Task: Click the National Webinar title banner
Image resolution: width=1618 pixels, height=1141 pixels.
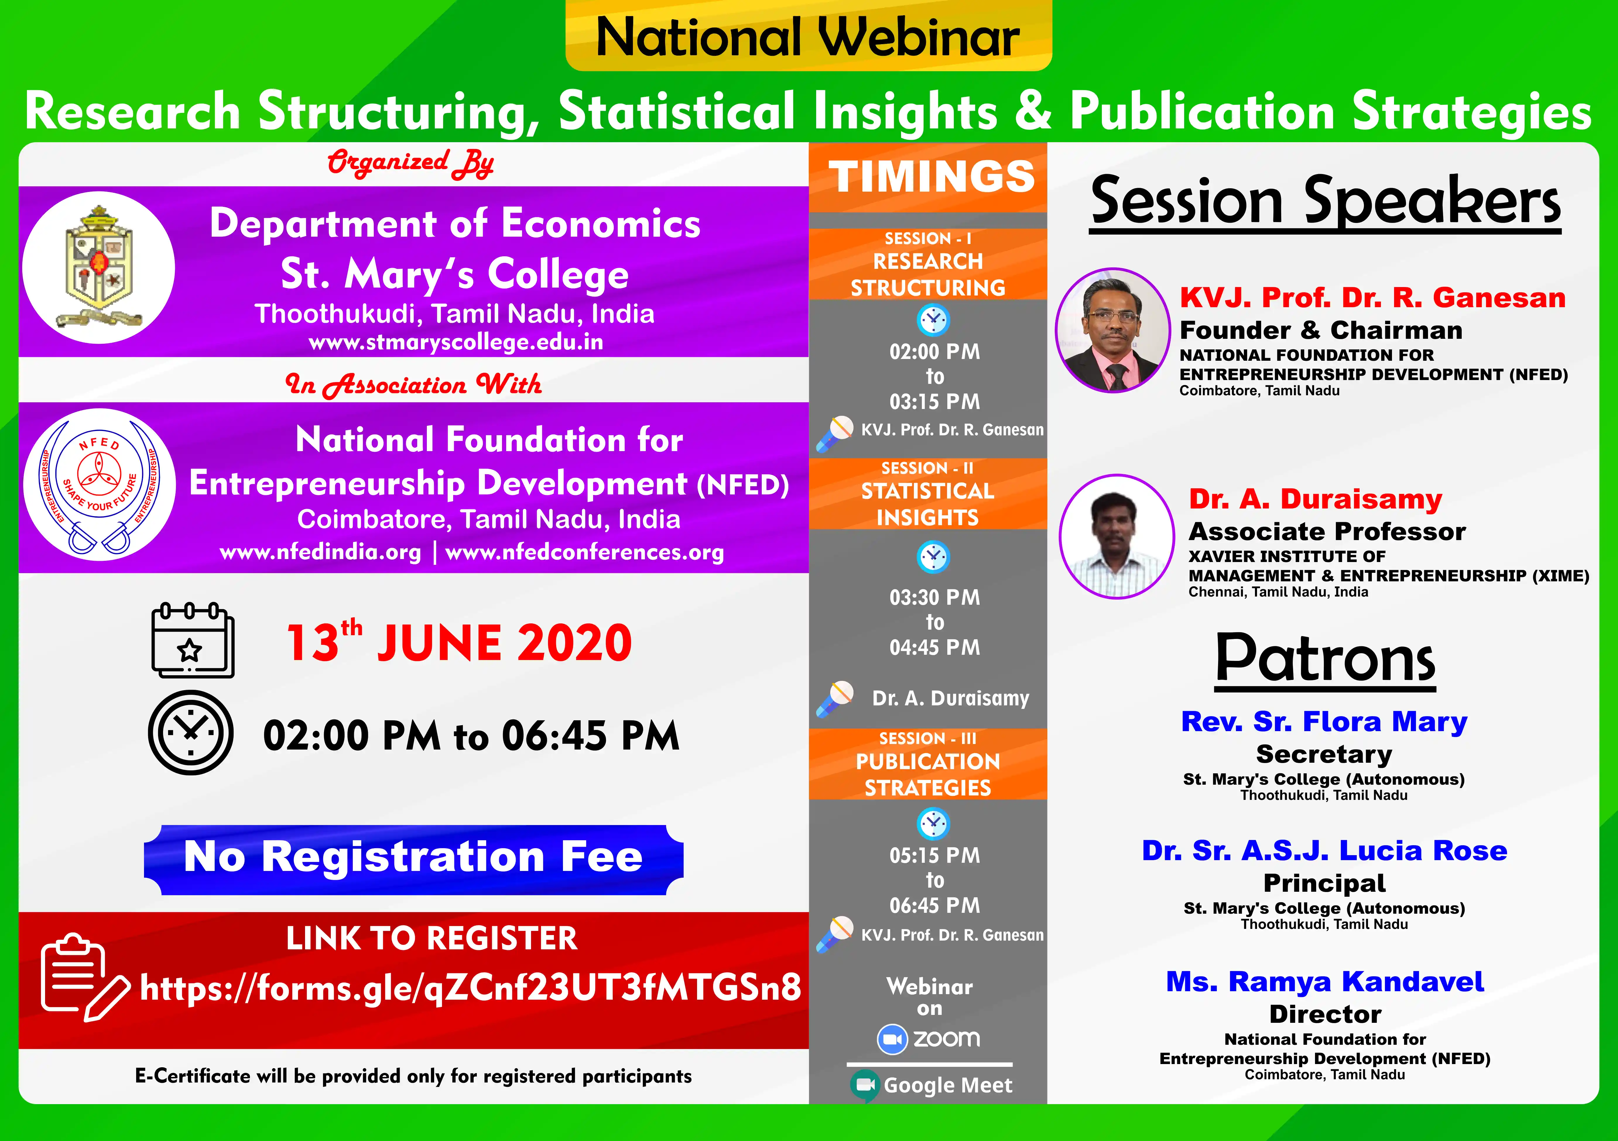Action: click(x=808, y=35)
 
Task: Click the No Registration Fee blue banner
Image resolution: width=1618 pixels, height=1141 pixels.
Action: click(x=414, y=859)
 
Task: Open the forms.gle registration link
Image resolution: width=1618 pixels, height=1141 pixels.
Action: click(x=470, y=987)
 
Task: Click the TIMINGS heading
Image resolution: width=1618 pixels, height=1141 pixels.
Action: click(x=931, y=176)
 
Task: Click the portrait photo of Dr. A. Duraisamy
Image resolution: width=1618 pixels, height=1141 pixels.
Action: click(x=1117, y=537)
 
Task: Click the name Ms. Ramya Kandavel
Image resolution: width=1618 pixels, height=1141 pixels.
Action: click(x=1325, y=981)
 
